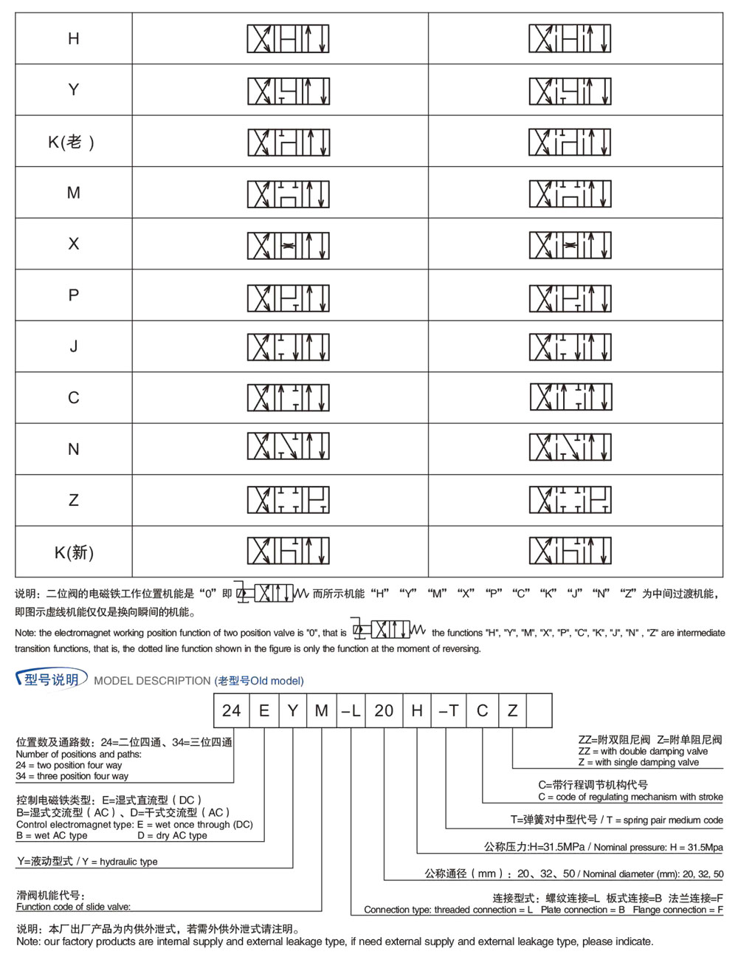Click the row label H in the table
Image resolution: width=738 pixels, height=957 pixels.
(x=73, y=38)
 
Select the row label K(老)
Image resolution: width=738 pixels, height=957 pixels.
(x=72, y=142)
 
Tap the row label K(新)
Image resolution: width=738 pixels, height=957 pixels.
(x=74, y=552)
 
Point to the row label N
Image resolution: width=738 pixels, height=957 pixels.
(x=73, y=449)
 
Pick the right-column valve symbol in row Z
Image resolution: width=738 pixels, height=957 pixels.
(x=570, y=500)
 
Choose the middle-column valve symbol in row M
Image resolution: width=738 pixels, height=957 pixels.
(x=288, y=193)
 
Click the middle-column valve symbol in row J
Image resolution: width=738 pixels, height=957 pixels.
(x=288, y=347)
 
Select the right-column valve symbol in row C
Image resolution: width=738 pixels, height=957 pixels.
(x=570, y=397)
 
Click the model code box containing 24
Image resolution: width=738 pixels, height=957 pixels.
(x=231, y=710)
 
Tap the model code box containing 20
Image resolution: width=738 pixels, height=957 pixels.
(x=384, y=710)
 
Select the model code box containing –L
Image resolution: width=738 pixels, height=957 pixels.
(x=351, y=710)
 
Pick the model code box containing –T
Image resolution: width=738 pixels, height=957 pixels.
(x=448, y=710)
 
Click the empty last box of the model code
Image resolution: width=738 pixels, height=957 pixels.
(x=539, y=710)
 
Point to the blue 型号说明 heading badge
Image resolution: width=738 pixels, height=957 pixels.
(x=51, y=679)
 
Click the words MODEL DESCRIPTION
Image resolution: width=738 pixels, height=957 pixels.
(x=152, y=681)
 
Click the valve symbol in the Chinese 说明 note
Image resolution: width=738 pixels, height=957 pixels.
(x=272, y=592)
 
